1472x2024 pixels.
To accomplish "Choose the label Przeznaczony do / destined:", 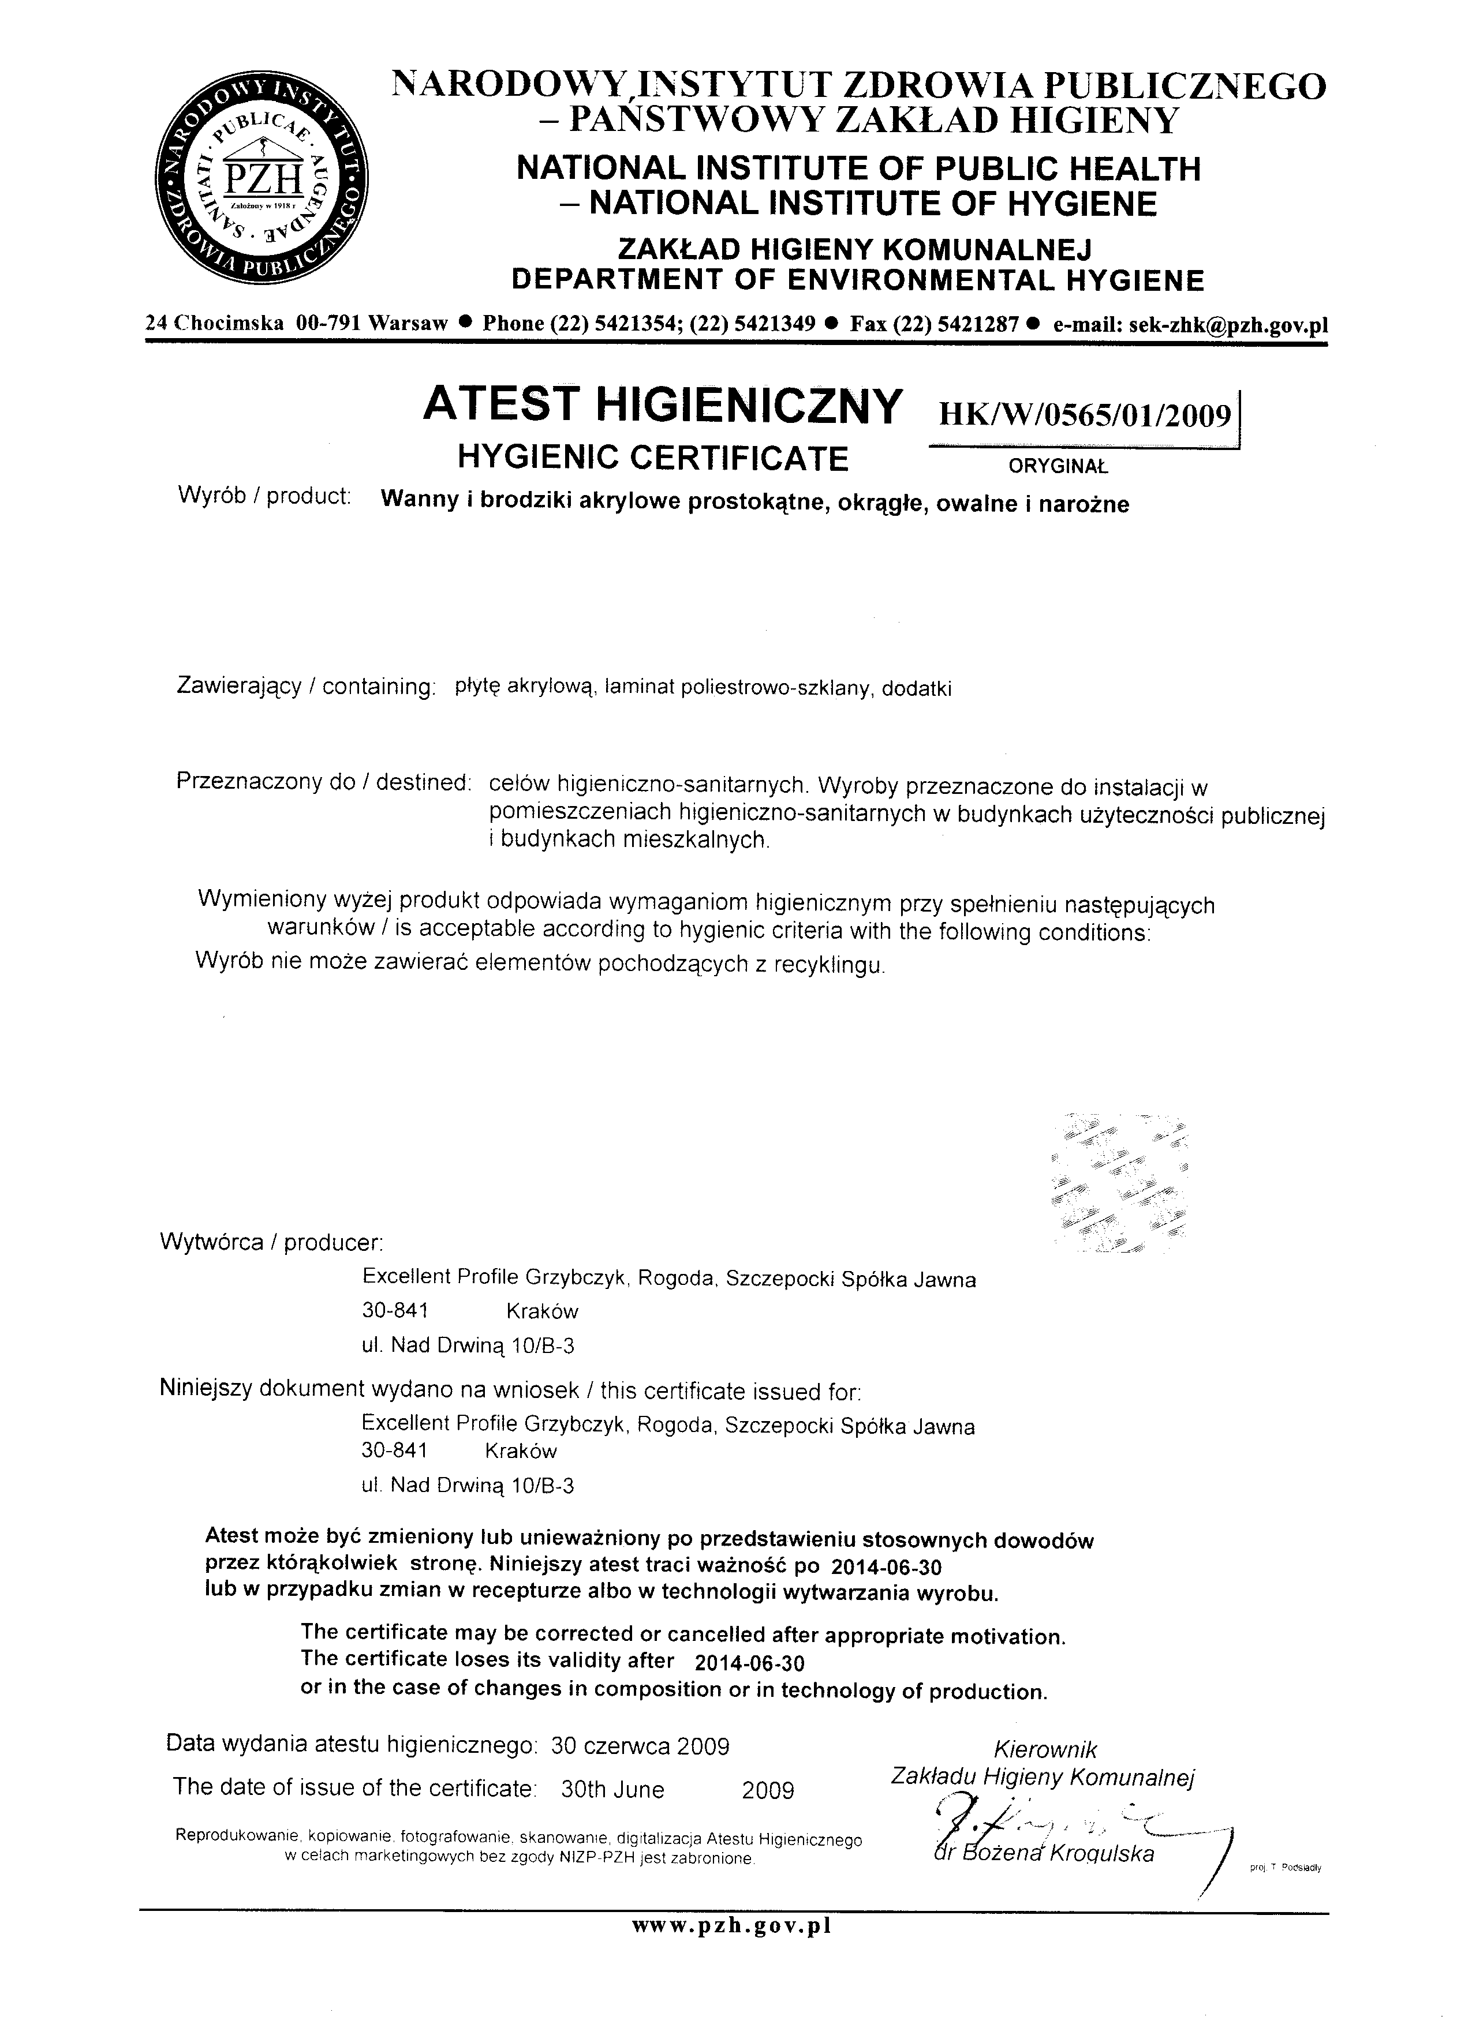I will coord(323,782).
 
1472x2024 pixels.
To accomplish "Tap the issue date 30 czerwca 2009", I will coord(640,1745).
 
